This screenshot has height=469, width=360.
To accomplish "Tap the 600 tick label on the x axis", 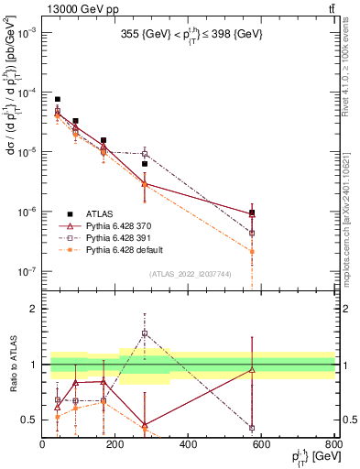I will pos(261,444).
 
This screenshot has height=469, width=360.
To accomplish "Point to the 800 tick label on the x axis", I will pos(333,444).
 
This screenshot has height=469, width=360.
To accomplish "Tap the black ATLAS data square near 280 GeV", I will pos(144,164).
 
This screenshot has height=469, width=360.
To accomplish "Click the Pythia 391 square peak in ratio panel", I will pos(144,333).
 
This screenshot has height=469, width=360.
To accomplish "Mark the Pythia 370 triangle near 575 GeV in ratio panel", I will pos(252,370).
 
